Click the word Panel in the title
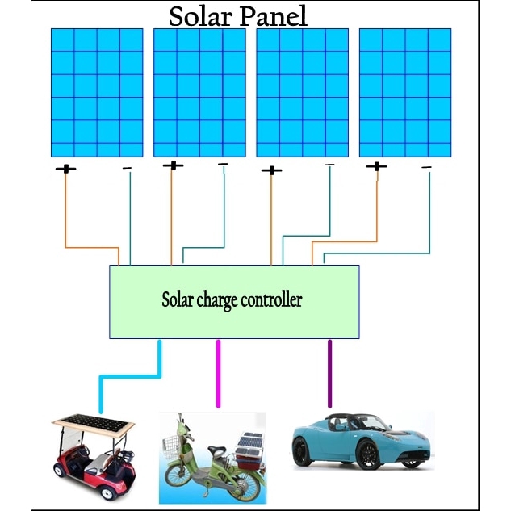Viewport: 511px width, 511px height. pyautogui.click(x=270, y=16)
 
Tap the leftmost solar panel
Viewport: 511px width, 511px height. pyautogui.click(x=97, y=92)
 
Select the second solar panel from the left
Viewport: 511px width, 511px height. pyautogui.click(x=199, y=92)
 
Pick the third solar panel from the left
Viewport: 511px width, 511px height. pyautogui.click(x=302, y=92)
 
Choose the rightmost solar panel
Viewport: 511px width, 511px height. pyautogui.click(x=404, y=92)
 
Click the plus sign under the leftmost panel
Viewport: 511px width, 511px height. pyautogui.click(x=66, y=170)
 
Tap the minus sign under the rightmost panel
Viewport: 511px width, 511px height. pyautogui.click(x=426, y=168)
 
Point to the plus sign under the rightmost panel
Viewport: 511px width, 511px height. pyautogui.click(x=376, y=167)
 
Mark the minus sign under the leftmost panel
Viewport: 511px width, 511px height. pyautogui.click(x=127, y=168)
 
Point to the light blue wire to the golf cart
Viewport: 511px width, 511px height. pyautogui.click(x=129, y=375)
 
